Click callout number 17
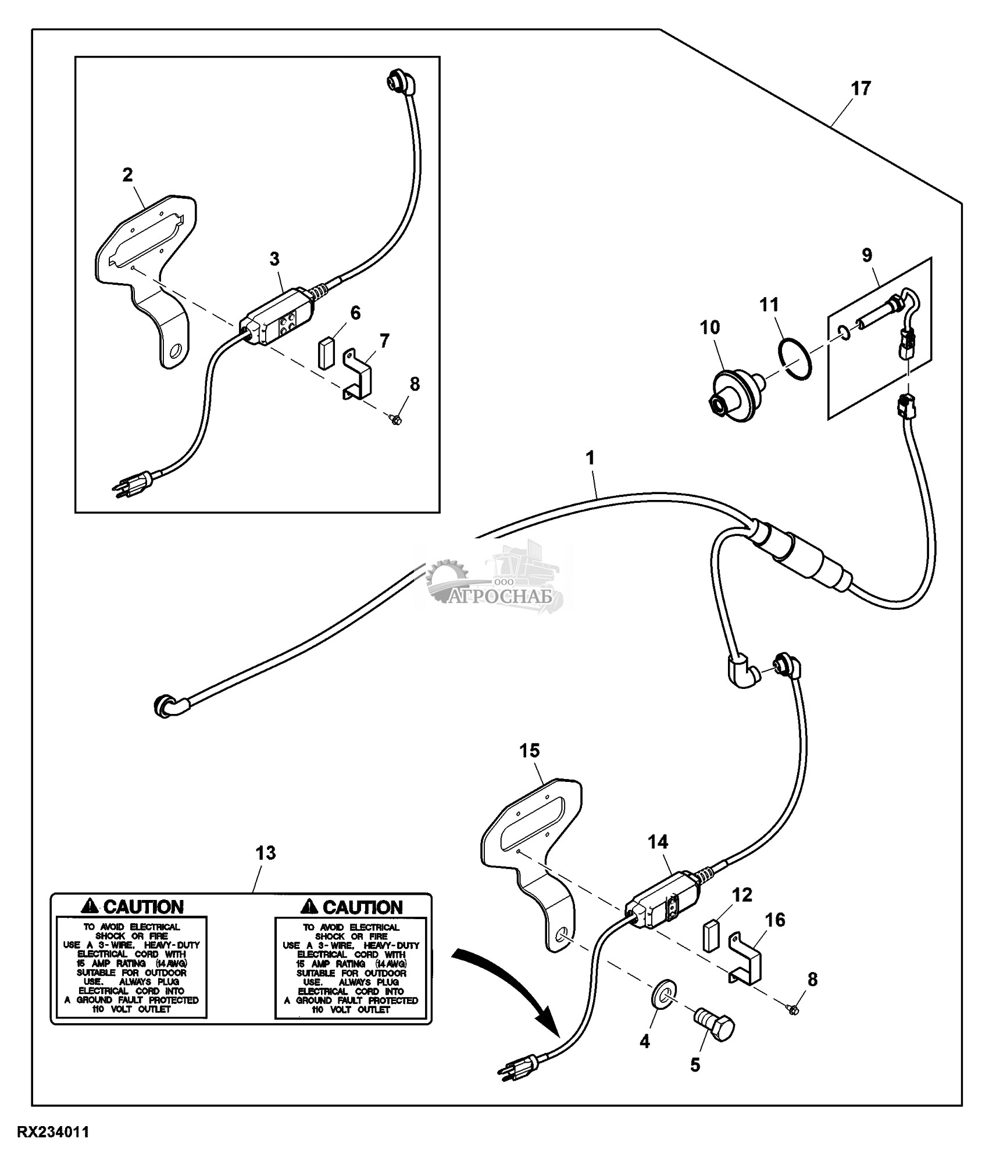tap(861, 89)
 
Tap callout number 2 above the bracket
tap(127, 174)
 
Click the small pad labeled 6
tap(325, 351)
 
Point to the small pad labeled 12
tap(709, 935)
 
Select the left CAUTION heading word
tap(143, 906)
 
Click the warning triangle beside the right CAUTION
tap(309, 906)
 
